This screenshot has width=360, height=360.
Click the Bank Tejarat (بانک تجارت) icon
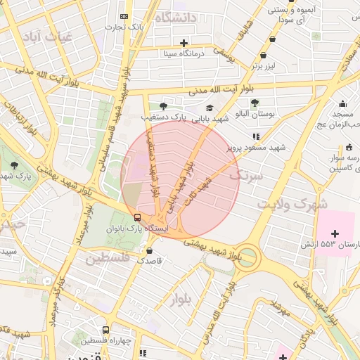[124, 16]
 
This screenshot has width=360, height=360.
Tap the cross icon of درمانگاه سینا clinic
[184, 43]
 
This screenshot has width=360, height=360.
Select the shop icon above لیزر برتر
[263, 55]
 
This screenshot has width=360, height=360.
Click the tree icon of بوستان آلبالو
[255, 103]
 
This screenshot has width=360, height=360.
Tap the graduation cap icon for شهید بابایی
[210, 108]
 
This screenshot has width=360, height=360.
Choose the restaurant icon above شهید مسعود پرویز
[256, 136]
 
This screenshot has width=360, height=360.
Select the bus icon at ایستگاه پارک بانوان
[138, 217]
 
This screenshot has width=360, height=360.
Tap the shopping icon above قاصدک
[149, 250]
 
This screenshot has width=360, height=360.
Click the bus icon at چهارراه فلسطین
[105, 330]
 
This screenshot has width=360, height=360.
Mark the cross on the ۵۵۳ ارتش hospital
[334, 233]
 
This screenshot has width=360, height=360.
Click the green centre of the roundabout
[247, 258]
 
